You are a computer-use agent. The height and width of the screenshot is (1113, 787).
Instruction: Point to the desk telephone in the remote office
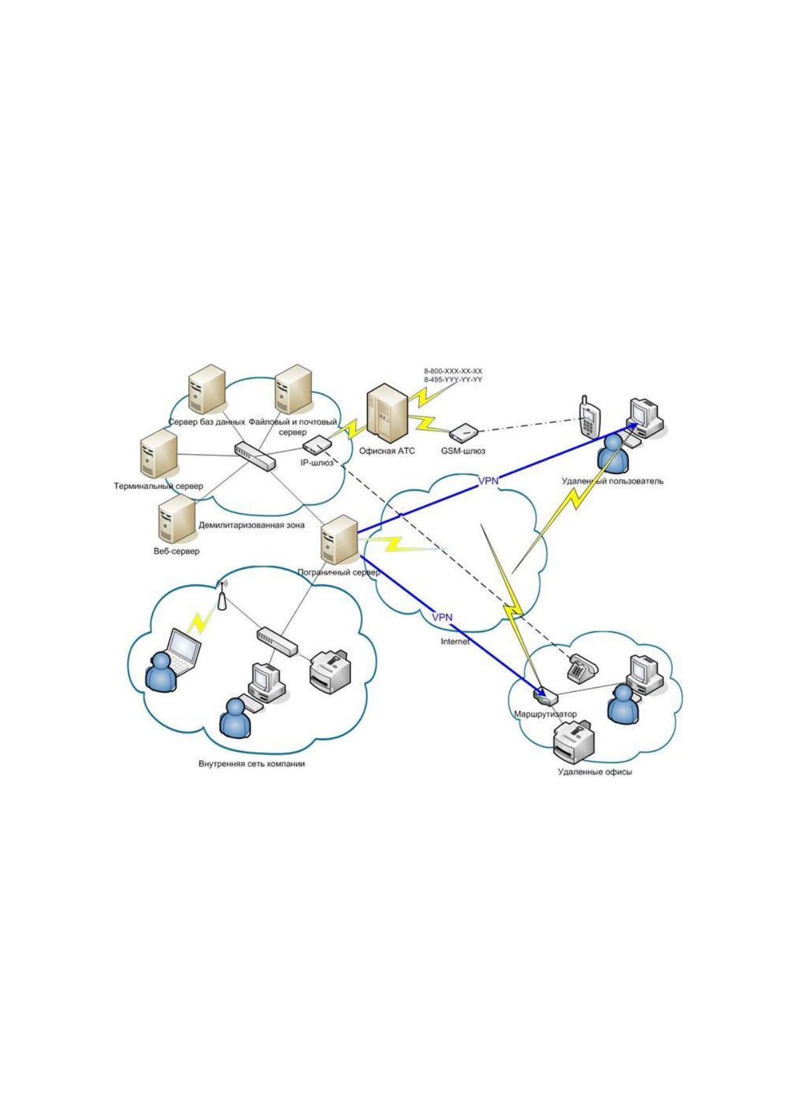(x=581, y=667)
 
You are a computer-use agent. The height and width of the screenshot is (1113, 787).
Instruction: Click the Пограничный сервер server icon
(x=340, y=539)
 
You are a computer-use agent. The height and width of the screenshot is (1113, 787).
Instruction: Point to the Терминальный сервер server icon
(x=159, y=453)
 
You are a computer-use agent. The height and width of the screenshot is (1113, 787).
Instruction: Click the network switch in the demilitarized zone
(x=255, y=456)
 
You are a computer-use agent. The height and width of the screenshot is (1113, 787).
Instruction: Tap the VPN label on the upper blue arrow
(x=488, y=480)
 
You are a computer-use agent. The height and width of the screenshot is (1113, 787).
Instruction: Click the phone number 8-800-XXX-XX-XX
(x=453, y=371)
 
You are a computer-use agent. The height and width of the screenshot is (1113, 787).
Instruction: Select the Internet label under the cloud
(x=455, y=642)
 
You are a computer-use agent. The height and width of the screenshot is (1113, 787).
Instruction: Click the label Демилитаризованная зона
(x=251, y=525)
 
